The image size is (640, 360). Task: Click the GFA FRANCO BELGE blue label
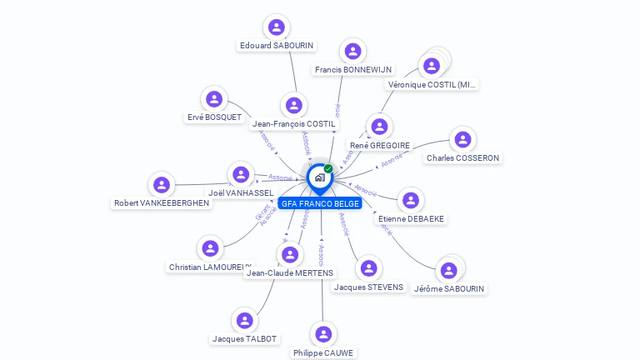(x=321, y=203)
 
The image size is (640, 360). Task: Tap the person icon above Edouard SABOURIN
(x=276, y=27)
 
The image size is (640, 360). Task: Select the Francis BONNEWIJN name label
(x=353, y=70)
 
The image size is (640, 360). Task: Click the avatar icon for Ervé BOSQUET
(x=214, y=99)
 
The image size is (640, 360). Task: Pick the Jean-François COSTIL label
(x=293, y=123)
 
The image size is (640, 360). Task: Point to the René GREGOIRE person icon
(x=379, y=127)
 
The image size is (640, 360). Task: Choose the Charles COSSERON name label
(x=462, y=157)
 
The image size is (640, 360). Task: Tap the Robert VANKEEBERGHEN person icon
(x=162, y=184)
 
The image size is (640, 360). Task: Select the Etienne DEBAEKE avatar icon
(x=410, y=200)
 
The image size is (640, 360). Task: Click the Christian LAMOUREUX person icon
(x=210, y=248)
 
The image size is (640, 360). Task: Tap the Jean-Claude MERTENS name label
(x=290, y=272)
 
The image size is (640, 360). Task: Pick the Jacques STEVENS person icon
(x=368, y=268)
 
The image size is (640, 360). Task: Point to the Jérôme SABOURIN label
(x=449, y=288)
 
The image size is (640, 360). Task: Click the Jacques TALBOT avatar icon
(x=244, y=320)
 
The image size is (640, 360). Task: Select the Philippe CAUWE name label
(x=323, y=352)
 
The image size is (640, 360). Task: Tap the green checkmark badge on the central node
(x=328, y=168)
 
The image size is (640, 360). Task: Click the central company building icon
(x=319, y=177)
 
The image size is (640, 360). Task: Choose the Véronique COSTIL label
(x=432, y=85)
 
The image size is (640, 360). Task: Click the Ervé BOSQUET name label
(x=214, y=117)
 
